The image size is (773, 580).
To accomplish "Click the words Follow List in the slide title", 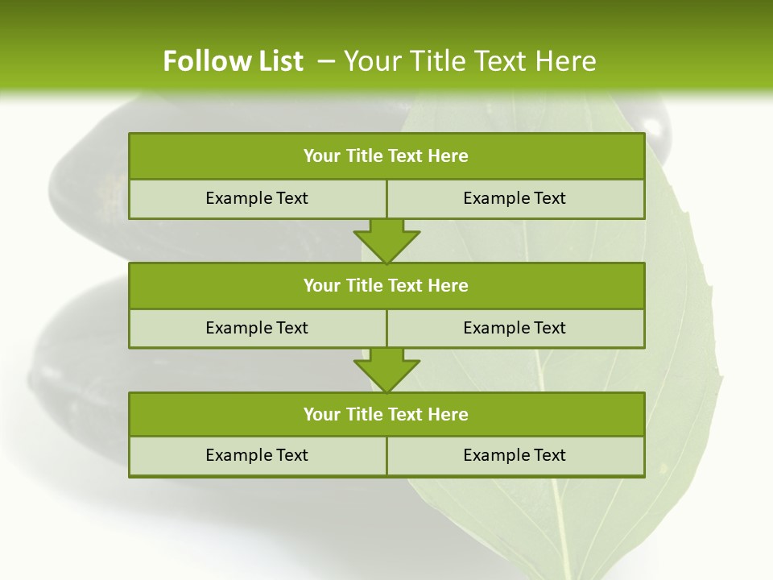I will point(233,61).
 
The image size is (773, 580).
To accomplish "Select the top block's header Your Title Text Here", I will point(386,156).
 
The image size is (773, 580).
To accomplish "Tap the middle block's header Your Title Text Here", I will point(386,285).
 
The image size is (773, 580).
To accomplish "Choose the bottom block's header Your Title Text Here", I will point(386,414).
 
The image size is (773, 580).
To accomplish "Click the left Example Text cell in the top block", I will point(257,198).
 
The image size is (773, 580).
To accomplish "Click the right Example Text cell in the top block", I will point(515,198).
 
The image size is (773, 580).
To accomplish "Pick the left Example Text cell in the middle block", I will point(257,328).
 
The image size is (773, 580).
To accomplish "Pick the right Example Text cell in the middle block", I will point(515,328).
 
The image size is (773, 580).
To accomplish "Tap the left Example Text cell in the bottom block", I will point(257,455).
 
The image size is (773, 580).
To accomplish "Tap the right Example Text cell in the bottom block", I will point(515,455).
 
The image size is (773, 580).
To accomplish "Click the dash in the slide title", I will point(326,61).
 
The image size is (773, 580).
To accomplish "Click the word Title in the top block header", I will point(364,156).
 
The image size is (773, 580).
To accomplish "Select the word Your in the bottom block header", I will point(322,414).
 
